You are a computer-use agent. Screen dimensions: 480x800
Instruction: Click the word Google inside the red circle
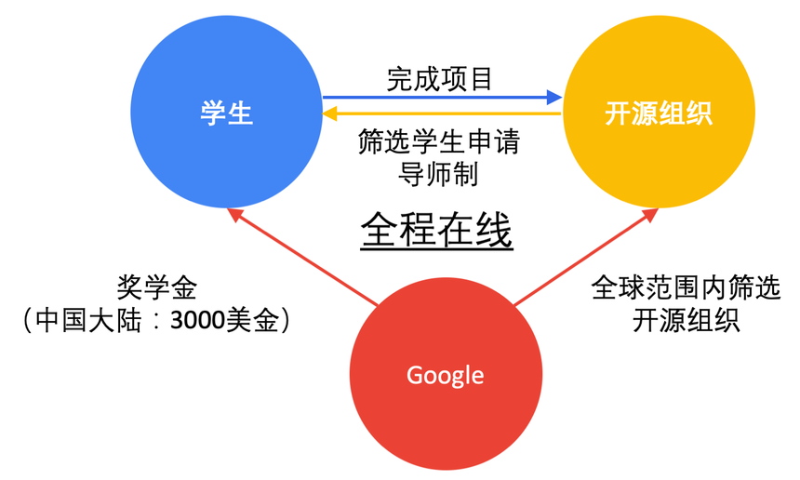tap(446, 375)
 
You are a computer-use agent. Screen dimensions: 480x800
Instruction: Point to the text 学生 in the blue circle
tap(226, 113)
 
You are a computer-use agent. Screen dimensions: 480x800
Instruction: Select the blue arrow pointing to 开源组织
tap(442, 96)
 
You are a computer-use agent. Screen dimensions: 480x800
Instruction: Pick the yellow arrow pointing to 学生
tap(442, 113)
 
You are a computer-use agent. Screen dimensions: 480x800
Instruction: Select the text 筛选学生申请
tap(439, 144)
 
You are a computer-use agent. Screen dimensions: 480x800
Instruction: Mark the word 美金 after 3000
tap(259, 322)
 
